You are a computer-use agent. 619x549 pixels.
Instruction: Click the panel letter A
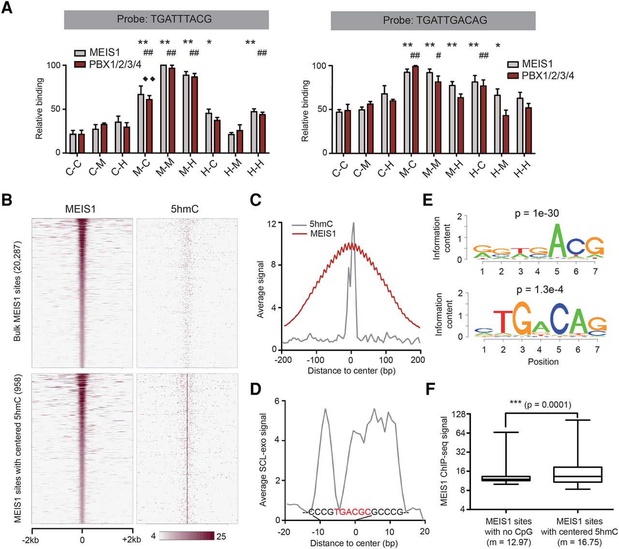coord(7,8)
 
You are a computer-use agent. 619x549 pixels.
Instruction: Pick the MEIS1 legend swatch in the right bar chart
coord(513,64)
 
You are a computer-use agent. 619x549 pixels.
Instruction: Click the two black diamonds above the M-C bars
coord(148,79)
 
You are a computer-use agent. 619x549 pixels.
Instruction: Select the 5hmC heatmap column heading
coord(185,209)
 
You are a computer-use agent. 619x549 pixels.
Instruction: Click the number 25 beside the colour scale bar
coord(221,536)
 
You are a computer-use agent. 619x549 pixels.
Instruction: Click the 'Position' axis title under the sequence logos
coord(543,362)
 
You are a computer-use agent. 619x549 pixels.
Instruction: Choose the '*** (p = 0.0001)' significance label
coord(540,404)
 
